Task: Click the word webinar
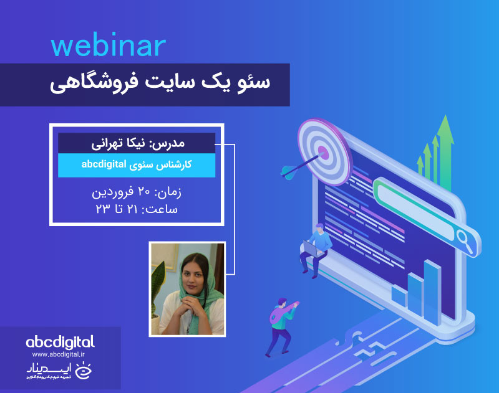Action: [x=108, y=47]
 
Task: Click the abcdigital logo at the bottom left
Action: [x=60, y=341]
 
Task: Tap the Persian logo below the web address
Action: [x=60, y=371]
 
